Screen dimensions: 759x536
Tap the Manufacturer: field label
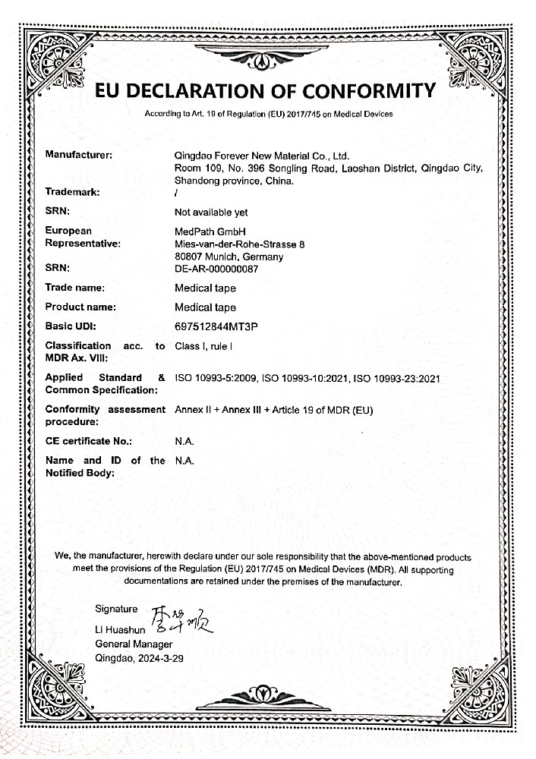[79, 155]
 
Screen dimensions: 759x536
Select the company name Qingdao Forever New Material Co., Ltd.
[261, 155]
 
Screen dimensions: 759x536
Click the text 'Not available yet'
[211, 213]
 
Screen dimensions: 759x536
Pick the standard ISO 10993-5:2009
[217, 378]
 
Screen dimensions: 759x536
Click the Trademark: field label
[73, 193]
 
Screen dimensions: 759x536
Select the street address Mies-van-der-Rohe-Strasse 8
[239, 244]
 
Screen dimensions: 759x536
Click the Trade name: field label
[74, 288]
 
